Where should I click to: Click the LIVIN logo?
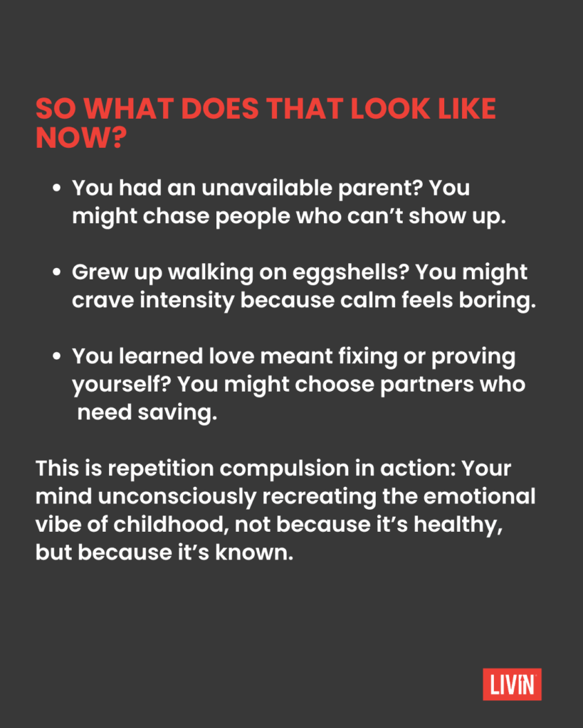[512, 684]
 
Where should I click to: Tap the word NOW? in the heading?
[81, 138]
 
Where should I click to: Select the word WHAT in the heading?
[129, 109]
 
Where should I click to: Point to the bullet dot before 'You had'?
[57, 188]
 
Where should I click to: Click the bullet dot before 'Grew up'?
[57, 272]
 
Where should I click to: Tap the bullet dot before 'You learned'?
[57, 356]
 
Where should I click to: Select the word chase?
[176, 216]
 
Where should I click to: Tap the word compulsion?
[284, 469]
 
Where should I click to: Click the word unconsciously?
[177, 497]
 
